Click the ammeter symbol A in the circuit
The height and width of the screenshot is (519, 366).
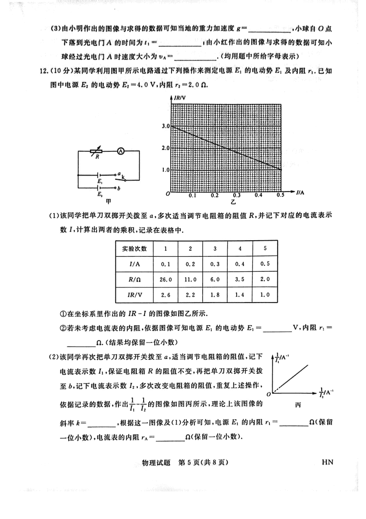click(x=120, y=150)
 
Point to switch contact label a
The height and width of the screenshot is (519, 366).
click(x=118, y=174)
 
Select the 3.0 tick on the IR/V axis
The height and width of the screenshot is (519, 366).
click(x=166, y=126)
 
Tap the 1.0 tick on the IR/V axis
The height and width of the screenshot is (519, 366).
click(x=166, y=170)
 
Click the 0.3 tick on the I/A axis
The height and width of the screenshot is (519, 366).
click(x=237, y=195)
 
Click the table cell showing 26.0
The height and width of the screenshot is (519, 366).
click(x=167, y=279)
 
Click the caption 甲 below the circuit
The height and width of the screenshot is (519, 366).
click(x=108, y=200)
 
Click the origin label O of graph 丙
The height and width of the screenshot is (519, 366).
click(x=269, y=393)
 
